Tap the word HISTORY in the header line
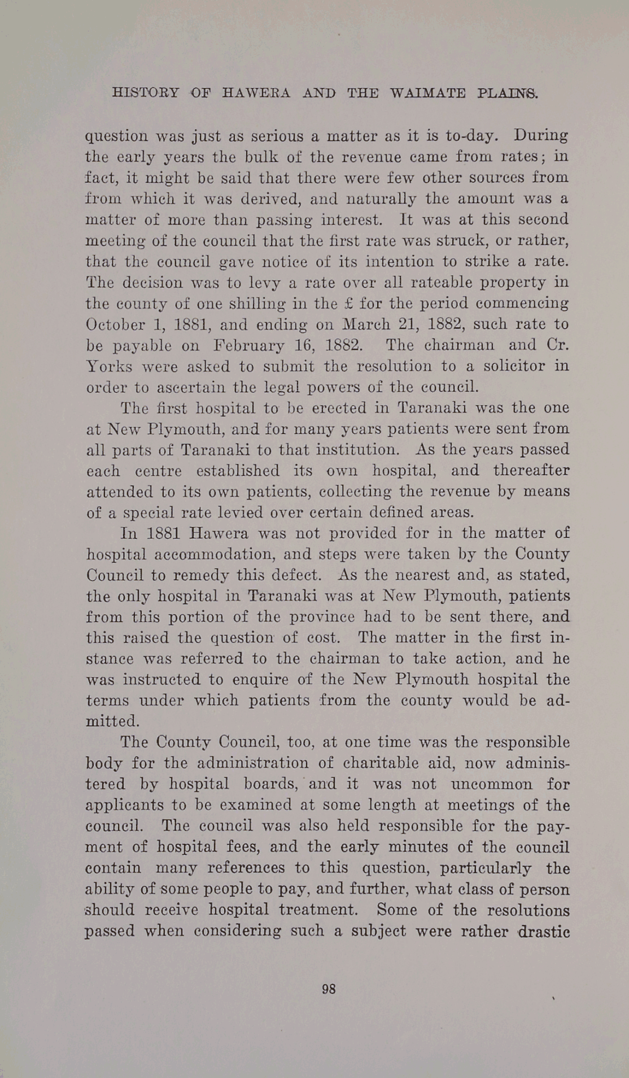[x=146, y=94]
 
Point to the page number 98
[x=329, y=989]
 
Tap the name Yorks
[x=110, y=366]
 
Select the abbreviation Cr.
[x=557, y=345]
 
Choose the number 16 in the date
[x=300, y=345]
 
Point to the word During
[x=540, y=136]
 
